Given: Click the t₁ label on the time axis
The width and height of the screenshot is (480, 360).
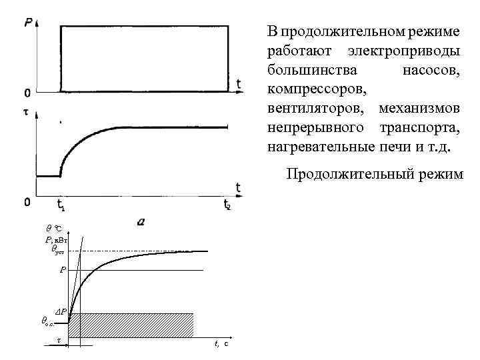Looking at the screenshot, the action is [x=61, y=204].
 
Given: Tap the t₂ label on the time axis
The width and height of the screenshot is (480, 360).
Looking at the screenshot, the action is [x=228, y=204].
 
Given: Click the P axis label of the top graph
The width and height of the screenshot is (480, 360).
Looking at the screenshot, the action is [x=28, y=23].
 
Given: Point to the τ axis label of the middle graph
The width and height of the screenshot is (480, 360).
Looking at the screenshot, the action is [x=26, y=113].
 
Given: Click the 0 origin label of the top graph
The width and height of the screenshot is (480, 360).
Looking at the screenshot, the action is [x=27, y=91].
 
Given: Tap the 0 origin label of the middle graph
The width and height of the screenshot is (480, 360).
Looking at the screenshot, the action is [x=27, y=201].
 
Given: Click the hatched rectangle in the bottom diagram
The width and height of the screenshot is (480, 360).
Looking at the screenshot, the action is [x=131, y=325].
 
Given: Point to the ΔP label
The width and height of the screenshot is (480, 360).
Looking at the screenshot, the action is [x=60, y=311].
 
